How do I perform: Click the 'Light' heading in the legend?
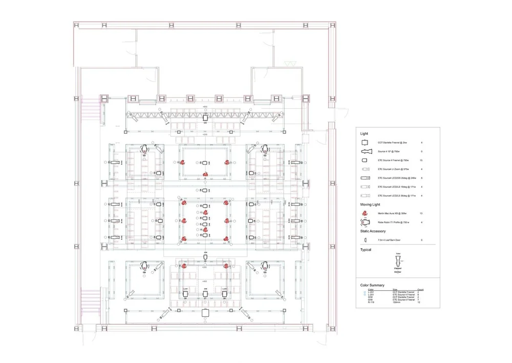[x=364, y=133]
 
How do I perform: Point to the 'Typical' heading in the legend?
[x=366, y=250]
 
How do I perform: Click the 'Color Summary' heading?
[x=371, y=284]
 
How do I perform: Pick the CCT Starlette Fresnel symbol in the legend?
[x=365, y=142]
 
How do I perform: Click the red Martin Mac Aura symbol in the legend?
[x=365, y=213]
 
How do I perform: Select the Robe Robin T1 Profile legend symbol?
[x=365, y=222]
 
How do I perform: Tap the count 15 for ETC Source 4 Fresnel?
[x=420, y=161]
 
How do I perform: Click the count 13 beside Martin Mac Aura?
[x=420, y=213]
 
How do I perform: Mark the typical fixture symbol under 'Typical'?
[x=398, y=259]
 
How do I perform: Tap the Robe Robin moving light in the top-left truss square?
[x=145, y=149]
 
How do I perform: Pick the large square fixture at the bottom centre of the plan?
[x=205, y=313]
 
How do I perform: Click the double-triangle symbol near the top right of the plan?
[x=290, y=64]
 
